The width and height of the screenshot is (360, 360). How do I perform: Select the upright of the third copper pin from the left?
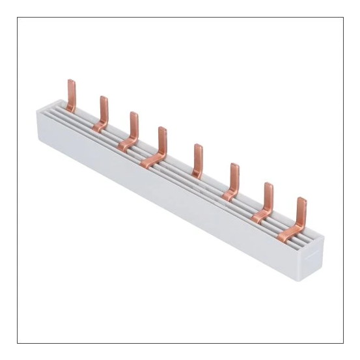pyautogui.click(x=133, y=123)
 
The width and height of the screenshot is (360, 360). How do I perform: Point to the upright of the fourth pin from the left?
pyautogui.click(x=162, y=138)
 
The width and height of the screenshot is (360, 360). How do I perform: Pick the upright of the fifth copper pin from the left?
pyautogui.click(x=197, y=156)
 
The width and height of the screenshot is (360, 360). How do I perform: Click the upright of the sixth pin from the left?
pyautogui.click(x=234, y=176)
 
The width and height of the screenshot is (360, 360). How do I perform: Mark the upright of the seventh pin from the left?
pyautogui.click(x=268, y=194)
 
